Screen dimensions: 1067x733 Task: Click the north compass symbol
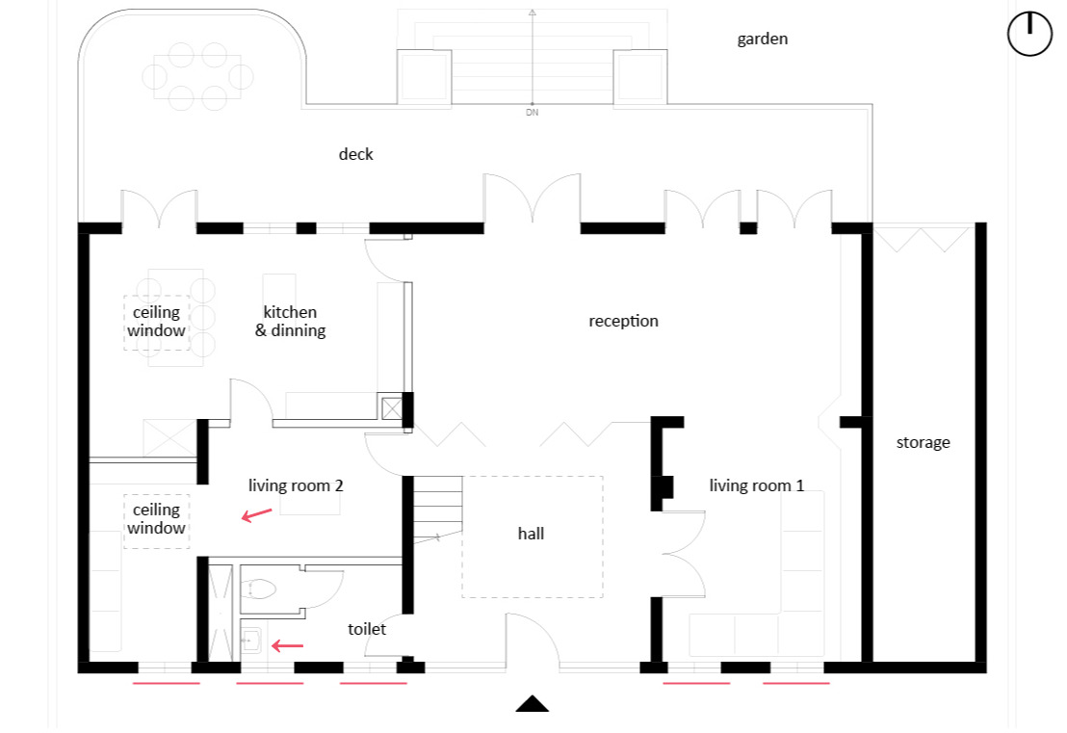pos(1029,34)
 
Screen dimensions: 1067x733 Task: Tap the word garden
pos(762,39)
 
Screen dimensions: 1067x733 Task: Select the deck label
pos(356,154)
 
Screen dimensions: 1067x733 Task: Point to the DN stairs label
pos(533,113)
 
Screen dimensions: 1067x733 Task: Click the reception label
pos(623,322)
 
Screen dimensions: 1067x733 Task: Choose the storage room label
pos(923,443)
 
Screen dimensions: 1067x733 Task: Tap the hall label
pos(531,534)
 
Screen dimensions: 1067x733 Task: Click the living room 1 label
pos(757,485)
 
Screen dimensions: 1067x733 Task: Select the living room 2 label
pos(296,485)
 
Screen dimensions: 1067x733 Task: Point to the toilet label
pos(367,630)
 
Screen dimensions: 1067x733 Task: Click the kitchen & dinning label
pos(291,322)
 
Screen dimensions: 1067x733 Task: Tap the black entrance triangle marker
pos(533,704)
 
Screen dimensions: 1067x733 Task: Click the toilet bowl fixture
pos(257,588)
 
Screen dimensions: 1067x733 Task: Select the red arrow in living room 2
pos(256,515)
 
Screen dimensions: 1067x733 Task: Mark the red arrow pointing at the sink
pos(287,645)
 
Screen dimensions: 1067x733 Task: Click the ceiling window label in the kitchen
pos(157,322)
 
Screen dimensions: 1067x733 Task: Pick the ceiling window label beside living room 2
pos(157,518)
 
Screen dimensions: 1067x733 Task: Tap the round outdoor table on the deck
pos(197,77)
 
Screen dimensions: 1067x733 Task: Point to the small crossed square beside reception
pos(391,408)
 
